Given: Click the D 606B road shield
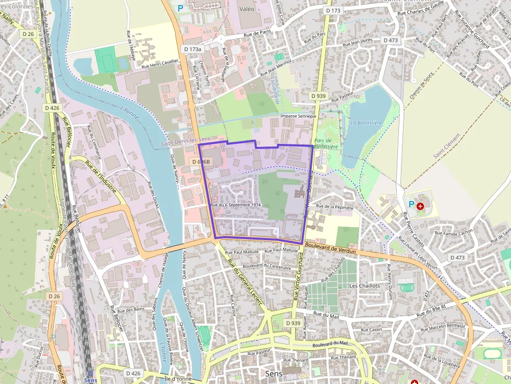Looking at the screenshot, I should click(x=201, y=162).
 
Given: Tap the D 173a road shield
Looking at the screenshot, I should click(x=192, y=48).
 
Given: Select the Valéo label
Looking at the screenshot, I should click(x=247, y=9).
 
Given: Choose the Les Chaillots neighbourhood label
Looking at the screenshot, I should click(x=364, y=286).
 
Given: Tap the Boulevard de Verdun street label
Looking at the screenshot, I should click(x=331, y=248).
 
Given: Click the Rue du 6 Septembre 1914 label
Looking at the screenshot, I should click(x=235, y=205).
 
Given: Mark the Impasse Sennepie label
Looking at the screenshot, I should click(x=298, y=116).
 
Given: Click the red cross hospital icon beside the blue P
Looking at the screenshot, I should click(x=420, y=206).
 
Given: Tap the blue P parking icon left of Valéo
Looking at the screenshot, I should click(x=180, y=8).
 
